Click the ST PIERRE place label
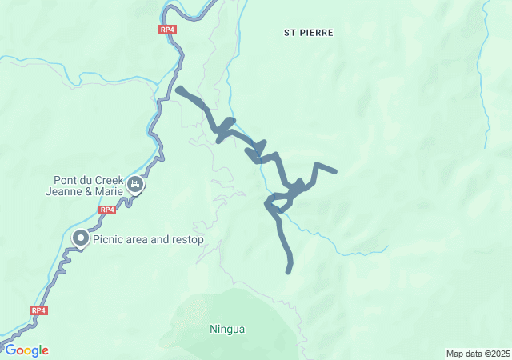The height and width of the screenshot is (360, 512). pyautogui.click(x=308, y=33)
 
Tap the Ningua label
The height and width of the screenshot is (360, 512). pyautogui.click(x=227, y=329)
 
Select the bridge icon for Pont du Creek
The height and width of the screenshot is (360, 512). pyautogui.click(x=136, y=186)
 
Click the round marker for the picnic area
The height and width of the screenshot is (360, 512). pyautogui.click(x=81, y=238)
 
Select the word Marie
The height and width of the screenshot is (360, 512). pyautogui.click(x=110, y=192)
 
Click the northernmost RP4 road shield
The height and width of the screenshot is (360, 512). pyautogui.click(x=166, y=30)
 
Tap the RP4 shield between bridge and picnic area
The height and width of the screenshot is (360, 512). pyautogui.click(x=108, y=210)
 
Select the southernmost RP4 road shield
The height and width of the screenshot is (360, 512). pyautogui.click(x=38, y=310)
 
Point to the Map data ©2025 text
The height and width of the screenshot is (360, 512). pyautogui.click(x=478, y=354)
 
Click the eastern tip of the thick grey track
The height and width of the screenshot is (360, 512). pyautogui.click(x=334, y=171)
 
